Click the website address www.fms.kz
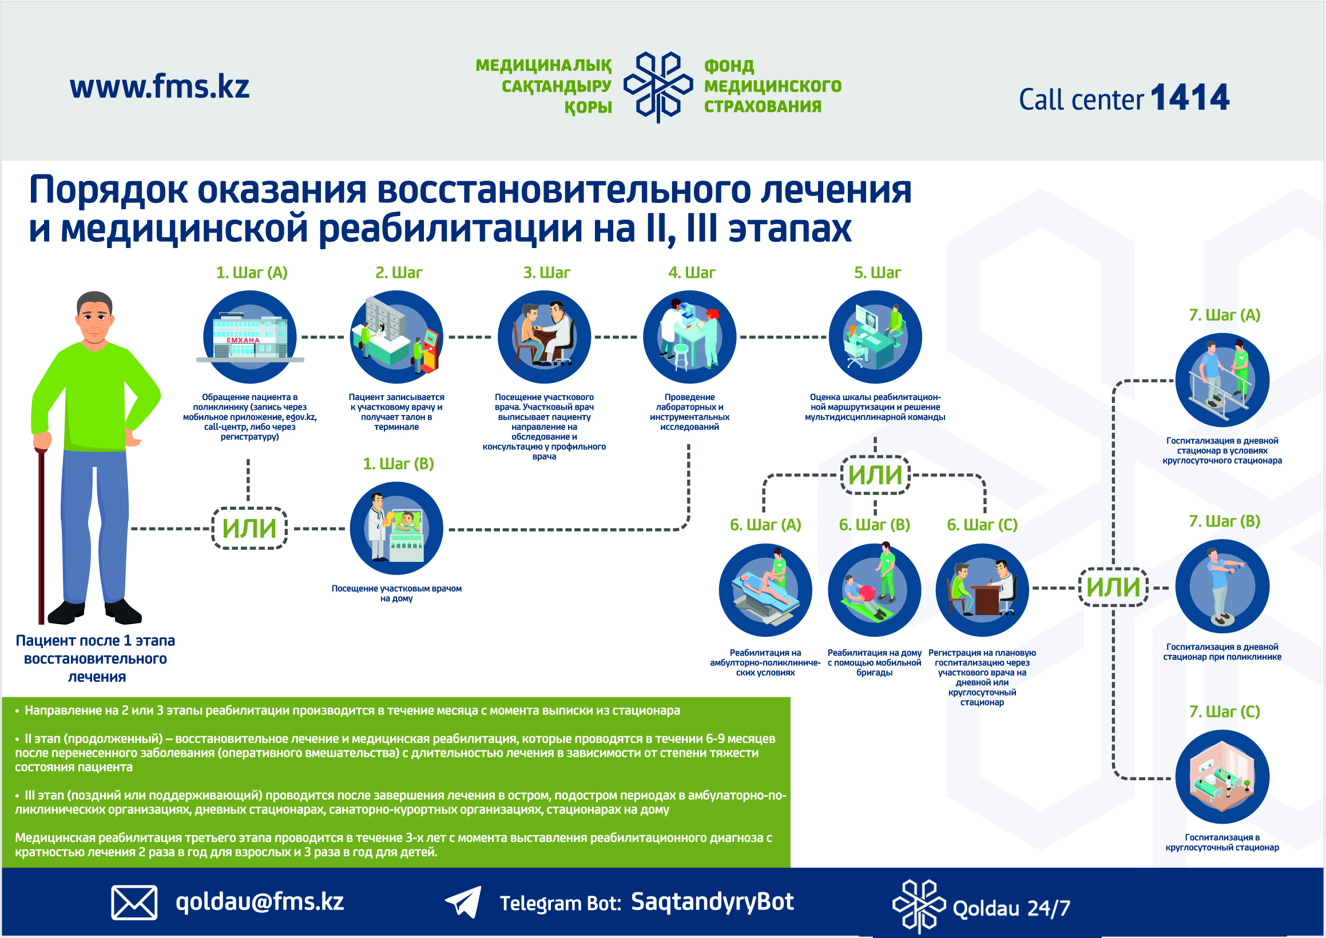click(160, 87)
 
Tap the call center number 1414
click(1190, 97)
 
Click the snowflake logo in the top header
click(658, 87)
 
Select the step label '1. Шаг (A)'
click(252, 273)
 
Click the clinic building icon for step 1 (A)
click(250, 337)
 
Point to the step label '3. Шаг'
click(546, 273)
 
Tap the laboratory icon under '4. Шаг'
click(689, 337)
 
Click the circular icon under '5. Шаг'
click(875, 337)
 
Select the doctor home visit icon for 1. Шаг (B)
click(396, 529)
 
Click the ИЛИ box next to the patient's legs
click(250, 528)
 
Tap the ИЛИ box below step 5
click(875, 476)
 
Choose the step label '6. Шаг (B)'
click(875, 525)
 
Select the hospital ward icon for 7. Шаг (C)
click(1222, 777)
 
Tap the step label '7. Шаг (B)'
click(1224, 521)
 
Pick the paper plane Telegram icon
click(463, 901)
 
